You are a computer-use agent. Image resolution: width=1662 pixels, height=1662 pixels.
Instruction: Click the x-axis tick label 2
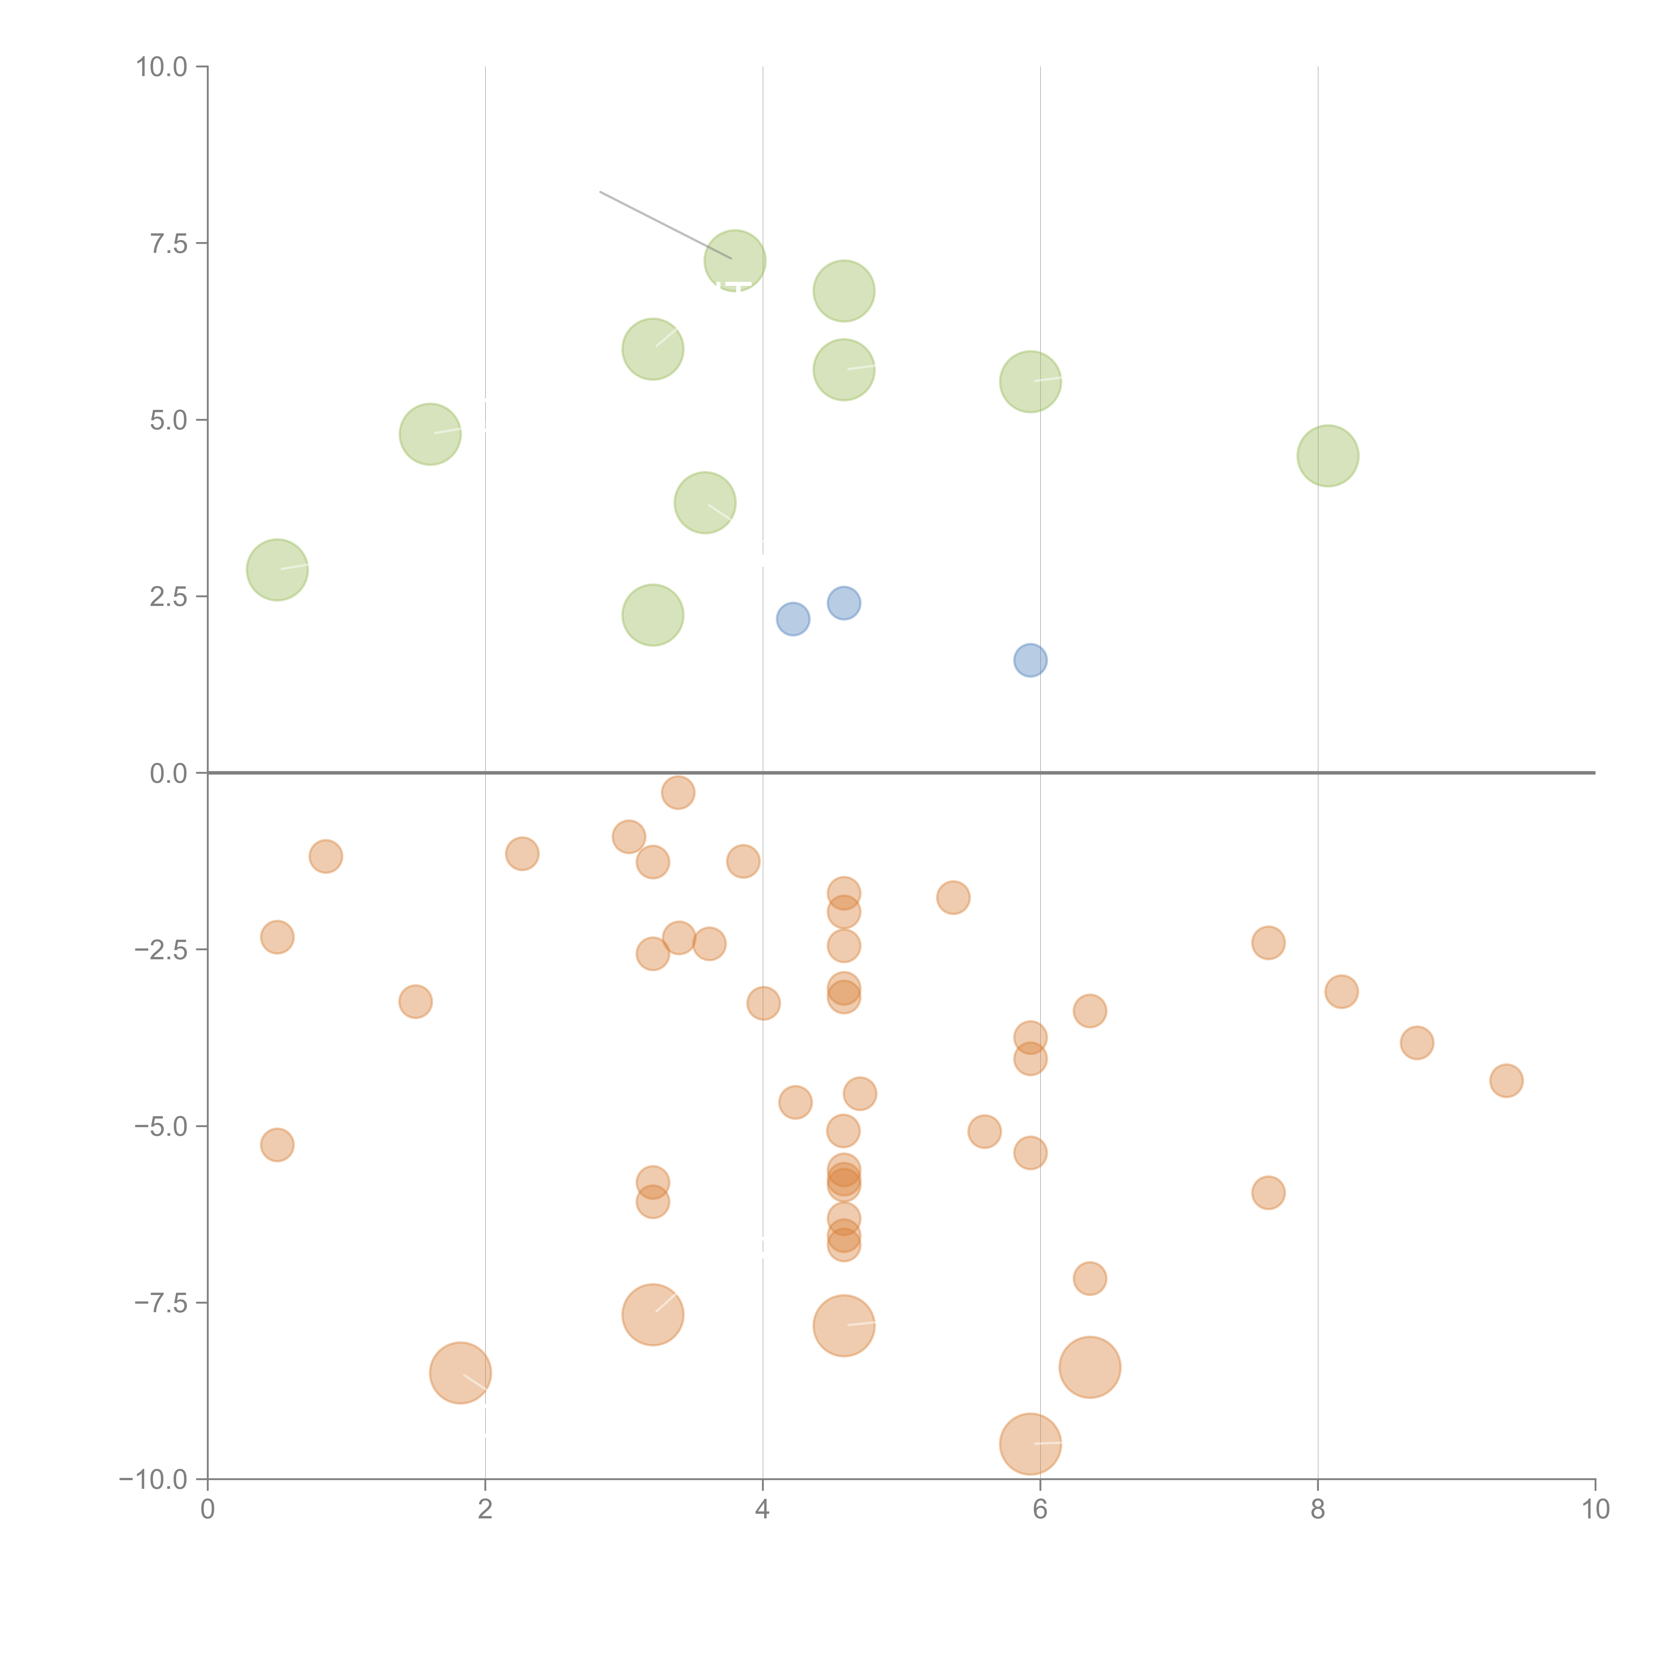tap(485, 1510)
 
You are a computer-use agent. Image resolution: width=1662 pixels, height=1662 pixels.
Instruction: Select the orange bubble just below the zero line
tap(678, 792)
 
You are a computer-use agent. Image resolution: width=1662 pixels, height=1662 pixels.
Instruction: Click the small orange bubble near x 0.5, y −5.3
tap(277, 1144)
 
